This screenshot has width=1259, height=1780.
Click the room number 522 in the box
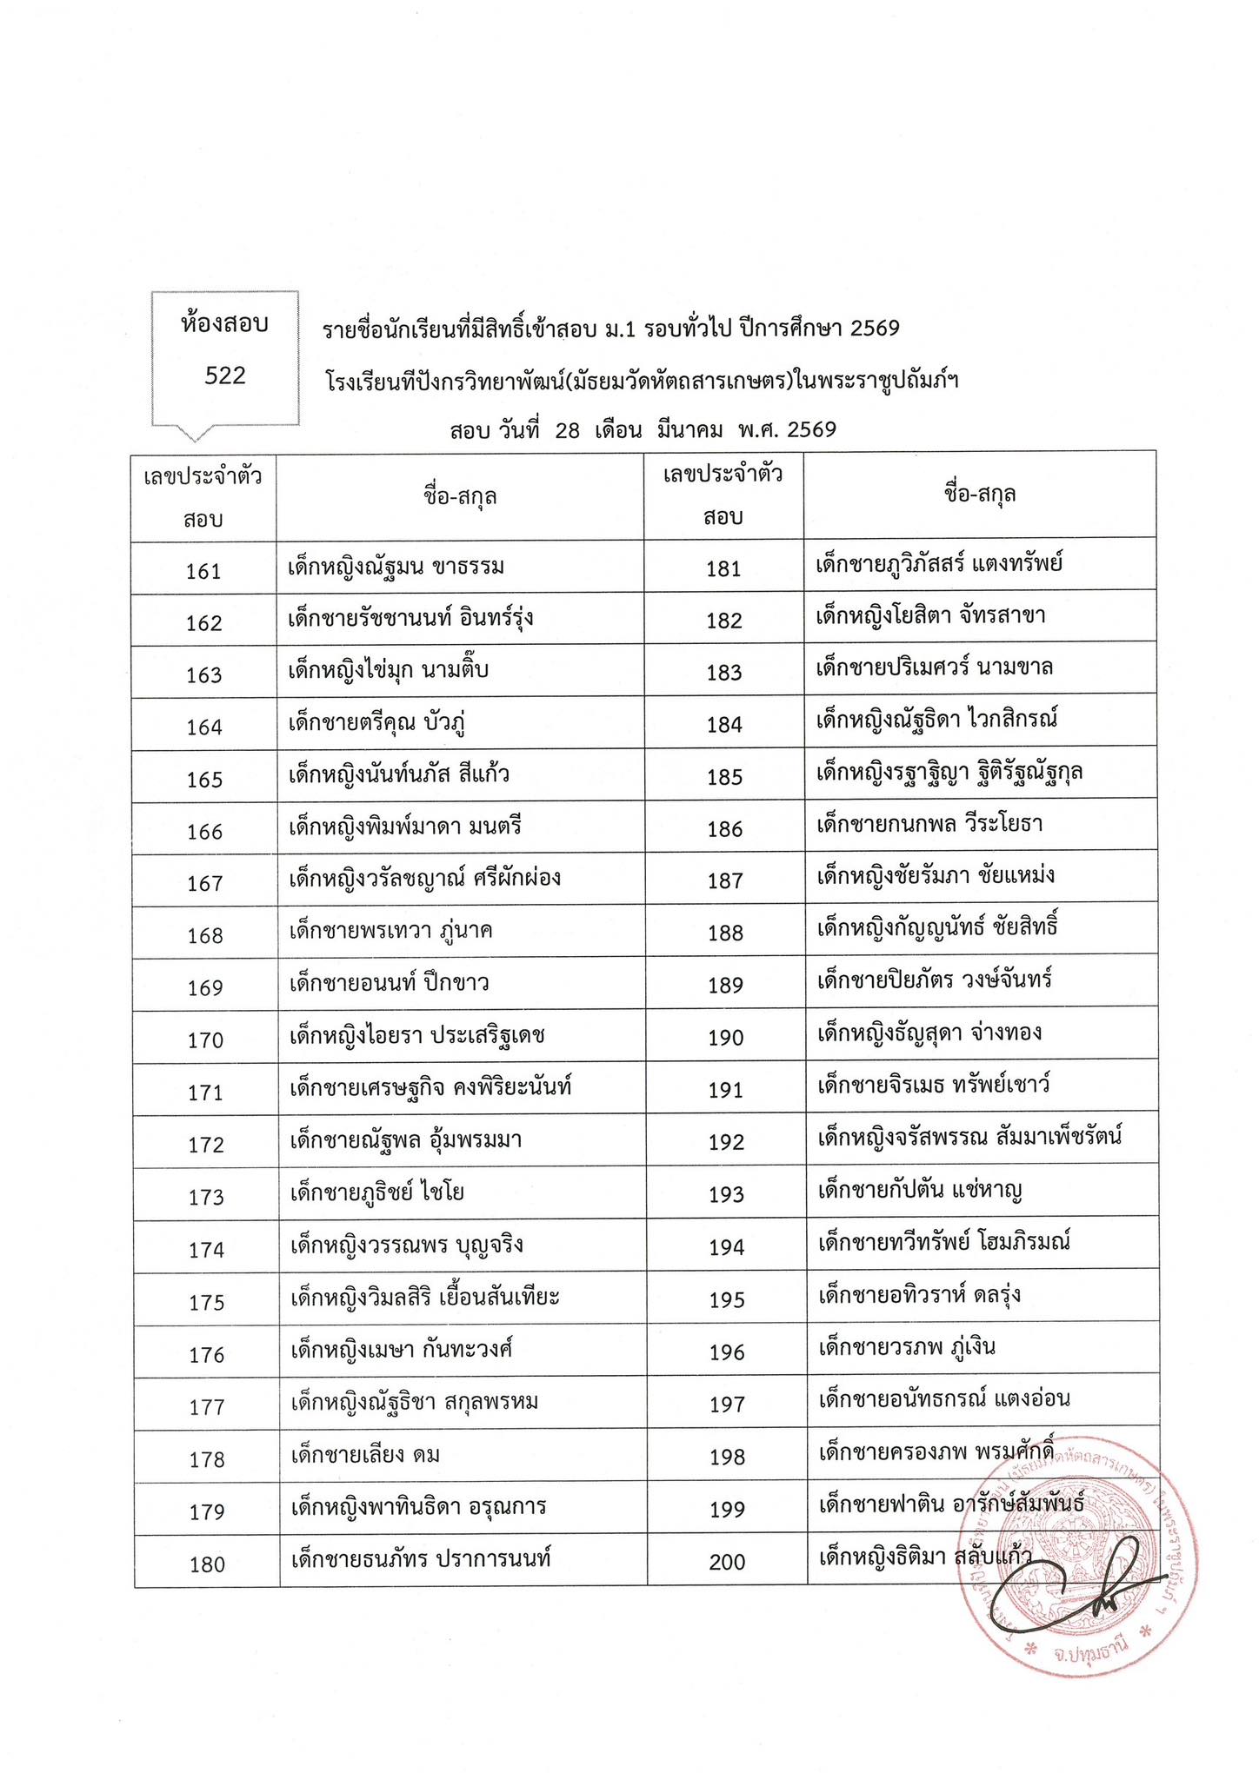pyautogui.click(x=225, y=375)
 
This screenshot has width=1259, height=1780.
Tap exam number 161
pyautogui.click(x=204, y=571)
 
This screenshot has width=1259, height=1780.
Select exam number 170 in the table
pyautogui.click(x=205, y=1040)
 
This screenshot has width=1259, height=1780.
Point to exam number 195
pyautogui.click(x=727, y=1300)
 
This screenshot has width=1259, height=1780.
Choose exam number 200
pyautogui.click(x=727, y=1563)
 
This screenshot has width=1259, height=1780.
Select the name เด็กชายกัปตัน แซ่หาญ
pyautogui.click(x=920, y=1190)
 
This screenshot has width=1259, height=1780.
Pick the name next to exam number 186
pyautogui.click(x=929, y=824)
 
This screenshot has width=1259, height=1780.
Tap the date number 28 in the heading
pyautogui.click(x=567, y=430)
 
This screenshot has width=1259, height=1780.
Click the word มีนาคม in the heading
pyautogui.click(x=690, y=430)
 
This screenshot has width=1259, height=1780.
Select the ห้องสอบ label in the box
pyautogui.click(x=225, y=325)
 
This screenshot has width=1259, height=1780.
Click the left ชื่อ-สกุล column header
pyautogui.click(x=460, y=496)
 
